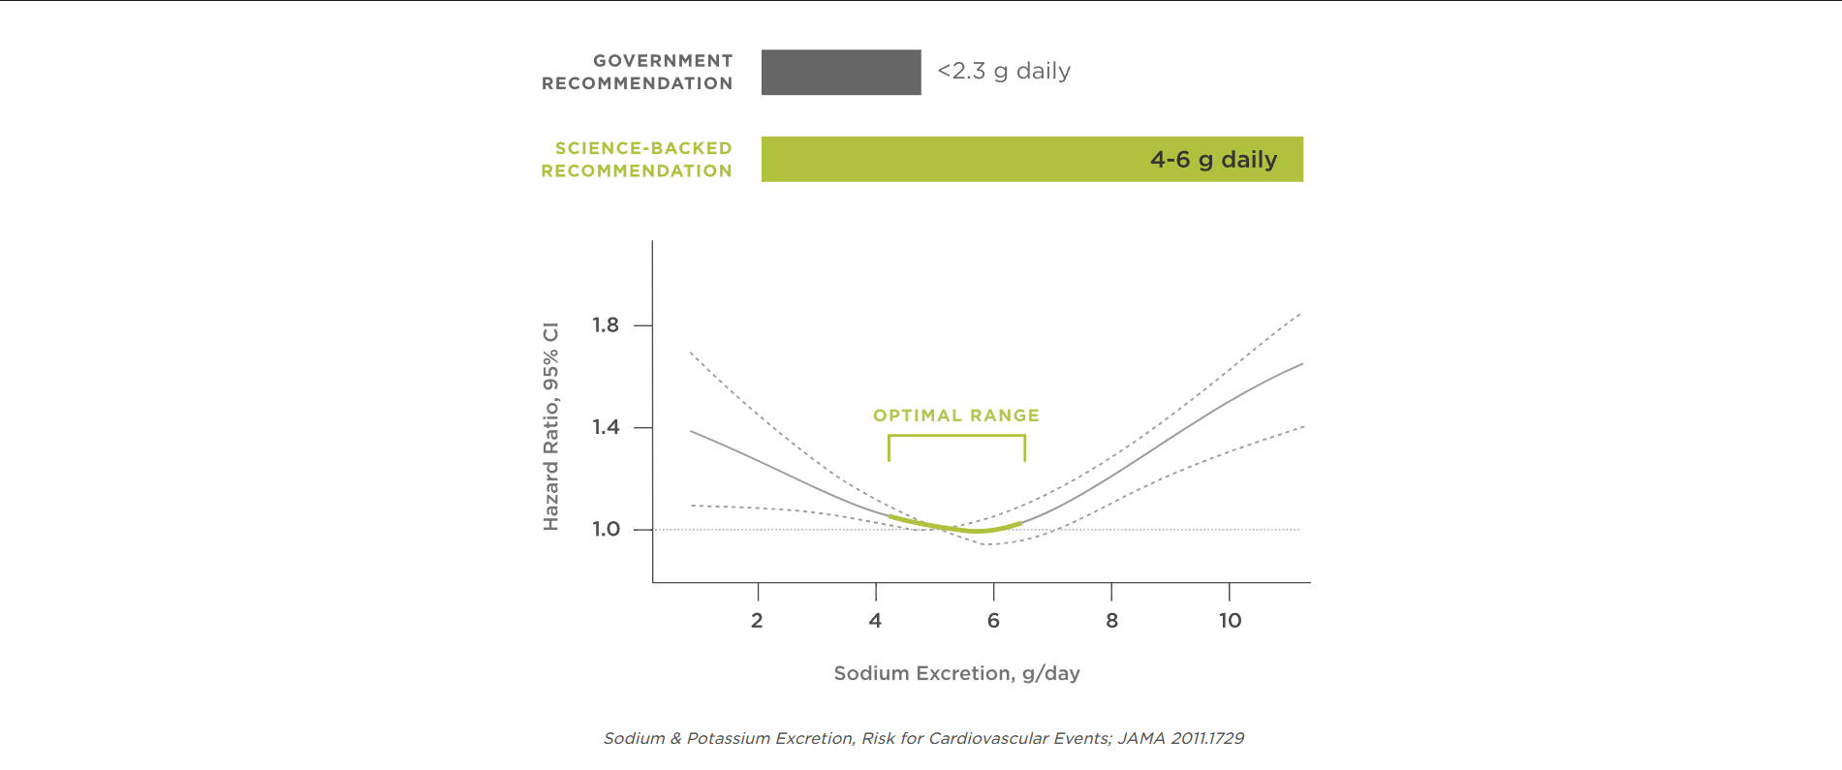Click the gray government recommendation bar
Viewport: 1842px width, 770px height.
pos(841,73)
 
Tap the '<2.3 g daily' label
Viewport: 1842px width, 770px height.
pos(1004,72)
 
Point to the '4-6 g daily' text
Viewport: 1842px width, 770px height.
pos(1213,160)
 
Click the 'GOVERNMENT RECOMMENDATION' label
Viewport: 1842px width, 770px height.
pos(637,73)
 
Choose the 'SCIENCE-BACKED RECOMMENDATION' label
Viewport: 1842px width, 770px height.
pos(637,160)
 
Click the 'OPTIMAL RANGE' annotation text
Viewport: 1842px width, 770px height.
pos(956,416)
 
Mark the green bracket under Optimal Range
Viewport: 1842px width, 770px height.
pos(956,437)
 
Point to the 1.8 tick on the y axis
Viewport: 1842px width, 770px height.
pos(606,325)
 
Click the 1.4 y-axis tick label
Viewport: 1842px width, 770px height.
pos(606,427)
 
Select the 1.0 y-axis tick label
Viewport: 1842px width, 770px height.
pos(606,529)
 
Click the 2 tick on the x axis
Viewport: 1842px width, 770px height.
pos(757,621)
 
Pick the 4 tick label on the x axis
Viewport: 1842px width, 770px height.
pos(875,621)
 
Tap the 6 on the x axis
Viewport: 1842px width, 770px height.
pos(993,621)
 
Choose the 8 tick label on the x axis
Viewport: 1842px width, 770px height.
pos(1111,621)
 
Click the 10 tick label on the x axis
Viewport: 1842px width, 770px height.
pos(1230,621)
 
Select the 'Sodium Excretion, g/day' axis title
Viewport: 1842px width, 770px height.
pos(956,673)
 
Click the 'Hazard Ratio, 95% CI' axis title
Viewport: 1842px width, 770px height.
pos(550,426)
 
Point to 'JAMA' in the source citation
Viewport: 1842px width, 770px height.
pos(1141,738)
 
